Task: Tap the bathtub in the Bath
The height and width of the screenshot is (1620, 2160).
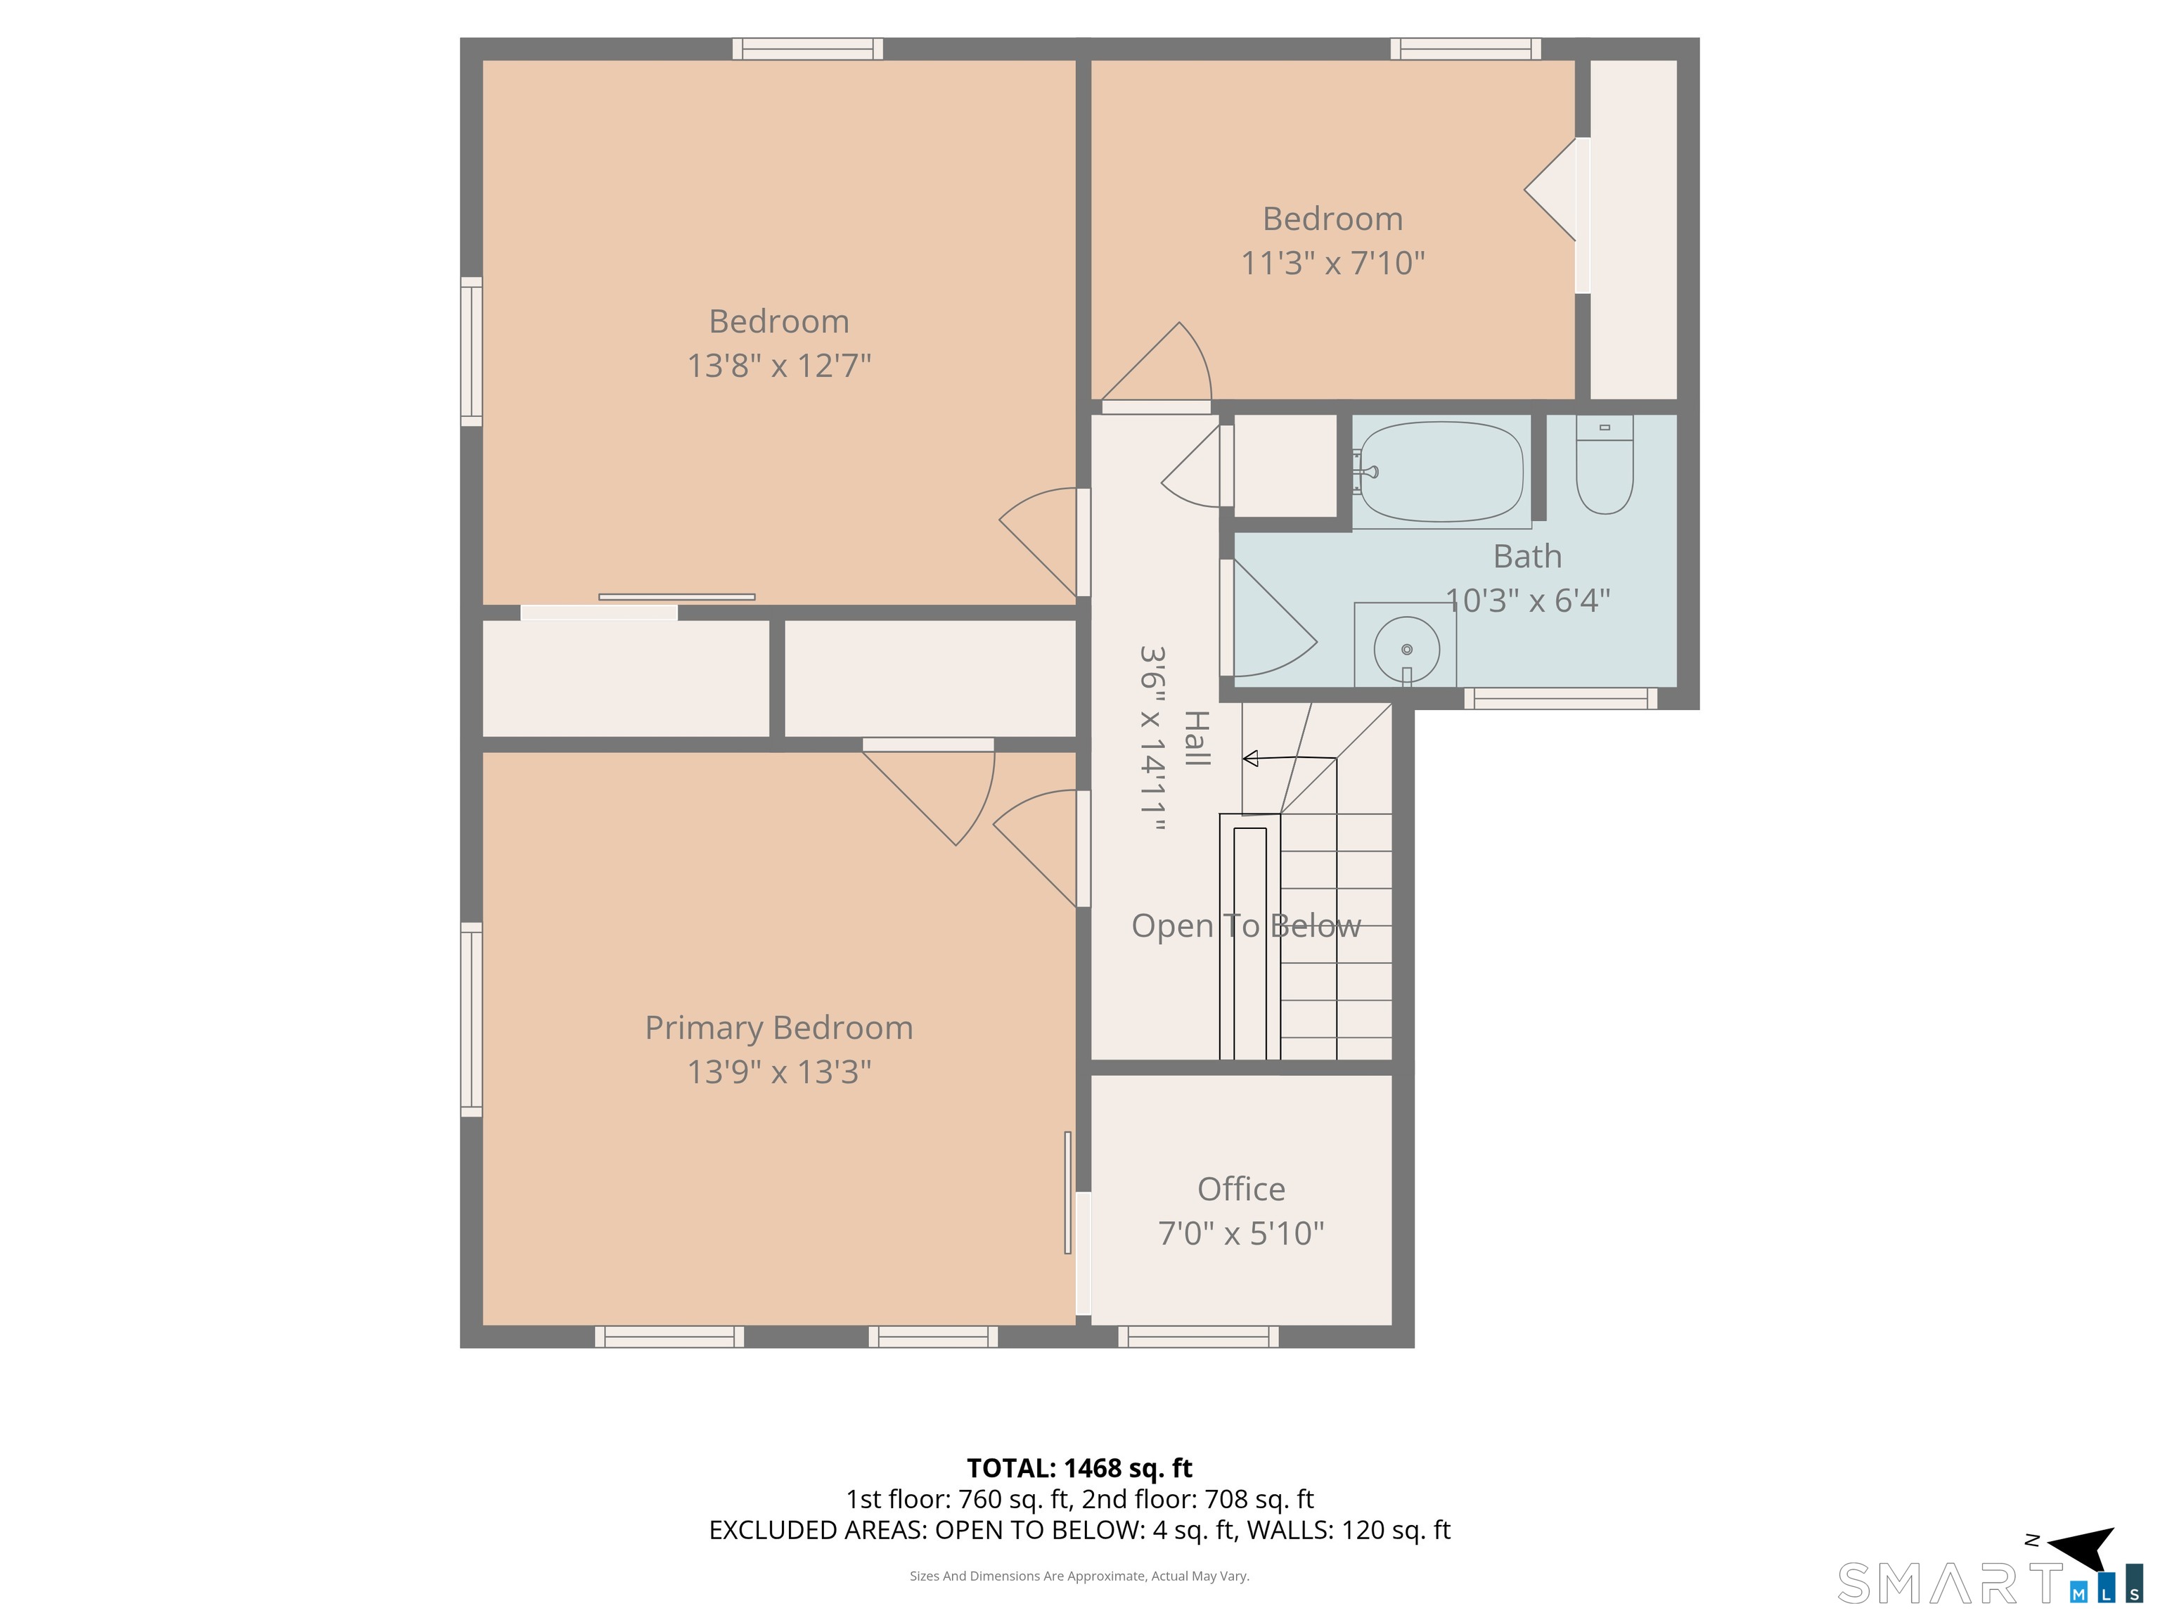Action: click(x=1441, y=472)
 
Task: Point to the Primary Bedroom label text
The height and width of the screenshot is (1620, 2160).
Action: click(x=779, y=1027)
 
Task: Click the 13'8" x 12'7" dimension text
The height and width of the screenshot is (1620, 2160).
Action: click(x=779, y=365)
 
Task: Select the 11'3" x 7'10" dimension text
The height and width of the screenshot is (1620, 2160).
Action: click(x=1333, y=263)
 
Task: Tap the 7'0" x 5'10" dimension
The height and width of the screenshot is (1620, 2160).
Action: click(x=1241, y=1233)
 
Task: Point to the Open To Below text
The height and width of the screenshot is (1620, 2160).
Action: click(x=1246, y=926)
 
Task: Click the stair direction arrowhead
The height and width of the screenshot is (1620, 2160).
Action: click(x=1250, y=759)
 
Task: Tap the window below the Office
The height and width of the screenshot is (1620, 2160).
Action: click(x=1198, y=1337)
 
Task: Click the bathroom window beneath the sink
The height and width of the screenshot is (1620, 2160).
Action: click(x=1560, y=698)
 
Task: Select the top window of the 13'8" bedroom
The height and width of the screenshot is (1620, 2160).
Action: click(x=808, y=49)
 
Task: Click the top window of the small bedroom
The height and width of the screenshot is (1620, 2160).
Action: click(x=1466, y=49)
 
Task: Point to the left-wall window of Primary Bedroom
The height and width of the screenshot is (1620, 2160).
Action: click(x=472, y=1020)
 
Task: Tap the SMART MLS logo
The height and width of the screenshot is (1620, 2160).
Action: click(x=1990, y=1583)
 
